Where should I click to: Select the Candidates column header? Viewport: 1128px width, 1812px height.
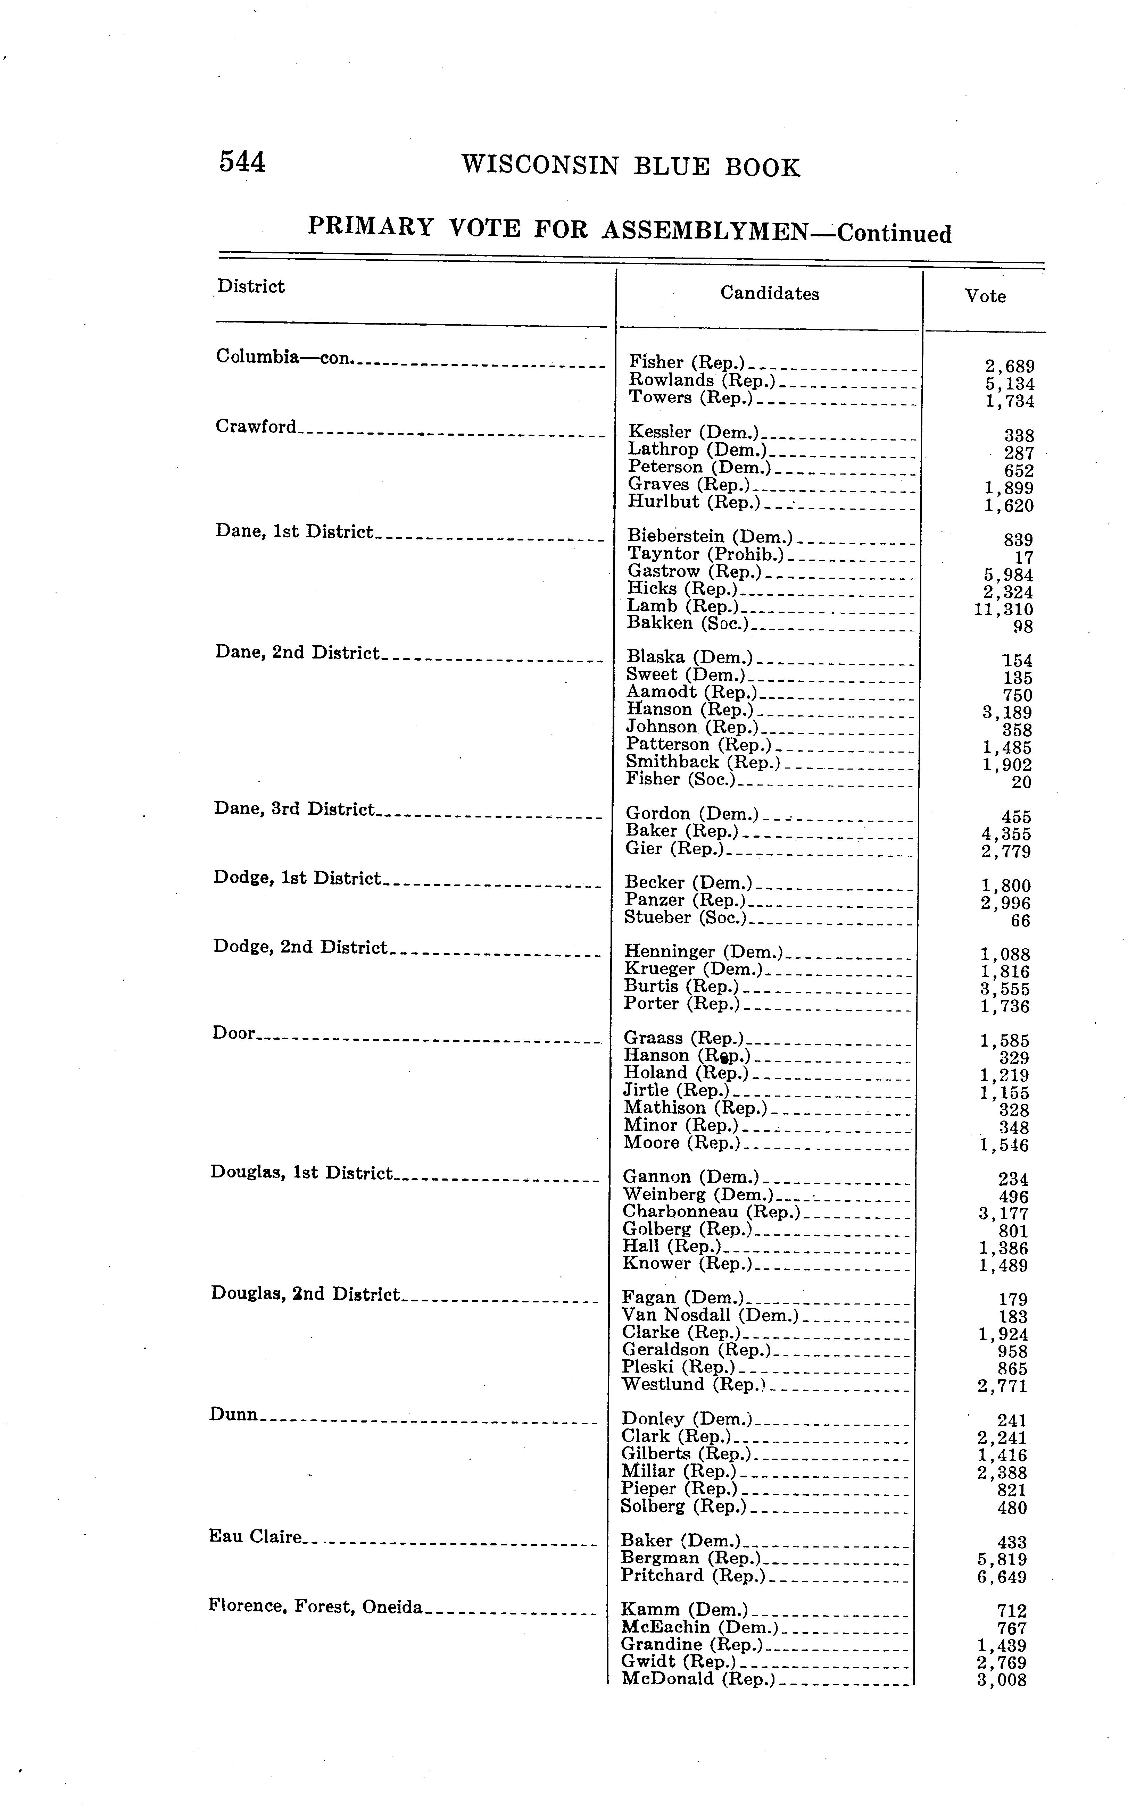point(769,294)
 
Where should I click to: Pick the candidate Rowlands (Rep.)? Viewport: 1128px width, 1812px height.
point(701,380)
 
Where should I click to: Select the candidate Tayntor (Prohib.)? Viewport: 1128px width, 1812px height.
point(706,554)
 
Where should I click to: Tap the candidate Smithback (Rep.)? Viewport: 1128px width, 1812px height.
point(703,762)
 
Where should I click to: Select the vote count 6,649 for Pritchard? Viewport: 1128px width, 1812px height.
point(1002,1577)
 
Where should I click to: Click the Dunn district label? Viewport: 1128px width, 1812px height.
point(233,1415)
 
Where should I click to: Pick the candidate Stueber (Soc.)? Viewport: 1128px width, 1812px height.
point(685,918)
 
